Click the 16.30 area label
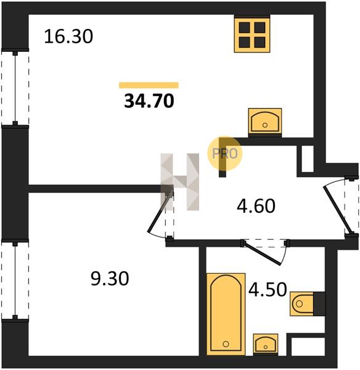pos(68,36)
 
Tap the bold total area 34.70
pos(149,101)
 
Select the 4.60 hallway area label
pos(256,206)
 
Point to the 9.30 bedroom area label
pos(110,279)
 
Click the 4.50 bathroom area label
pos(268,289)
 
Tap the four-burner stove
pos(252,34)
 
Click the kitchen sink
pos(265,123)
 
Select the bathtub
pos(226,314)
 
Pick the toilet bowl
pos(301,303)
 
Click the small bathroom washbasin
pos(266,344)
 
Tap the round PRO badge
pos(225,154)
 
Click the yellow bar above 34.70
pos(149,85)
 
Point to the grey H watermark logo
pos(180,182)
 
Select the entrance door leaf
pos(338,210)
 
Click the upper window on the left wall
pos(15,88)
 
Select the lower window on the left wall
pos(15,280)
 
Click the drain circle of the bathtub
pos(226,344)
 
